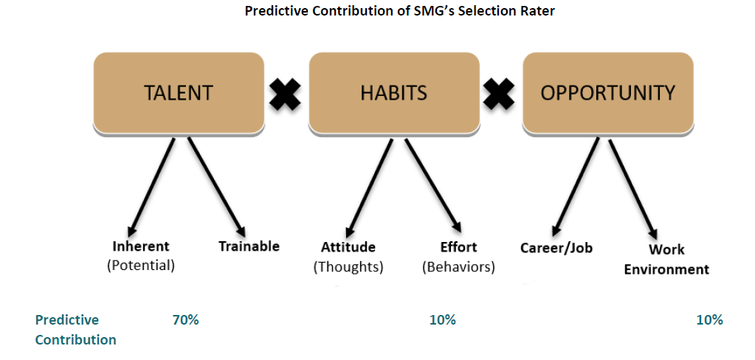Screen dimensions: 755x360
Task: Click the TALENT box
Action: (x=179, y=93)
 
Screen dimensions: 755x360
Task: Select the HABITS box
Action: (x=394, y=93)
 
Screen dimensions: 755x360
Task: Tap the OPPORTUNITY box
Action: (x=608, y=93)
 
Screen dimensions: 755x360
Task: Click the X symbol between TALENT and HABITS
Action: (x=285, y=94)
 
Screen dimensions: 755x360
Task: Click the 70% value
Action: (x=185, y=320)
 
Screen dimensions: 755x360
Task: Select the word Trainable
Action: (x=249, y=246)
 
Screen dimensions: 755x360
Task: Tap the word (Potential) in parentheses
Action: (x=141, y=266)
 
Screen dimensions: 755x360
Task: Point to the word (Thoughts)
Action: (x=348, y=267)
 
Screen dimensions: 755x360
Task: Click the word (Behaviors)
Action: (x=458, y=267)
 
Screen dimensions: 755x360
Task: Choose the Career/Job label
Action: (x=556, y=248)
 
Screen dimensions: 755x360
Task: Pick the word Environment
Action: (x=666, y=269)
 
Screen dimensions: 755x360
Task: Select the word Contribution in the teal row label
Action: (x=75, y=340)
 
